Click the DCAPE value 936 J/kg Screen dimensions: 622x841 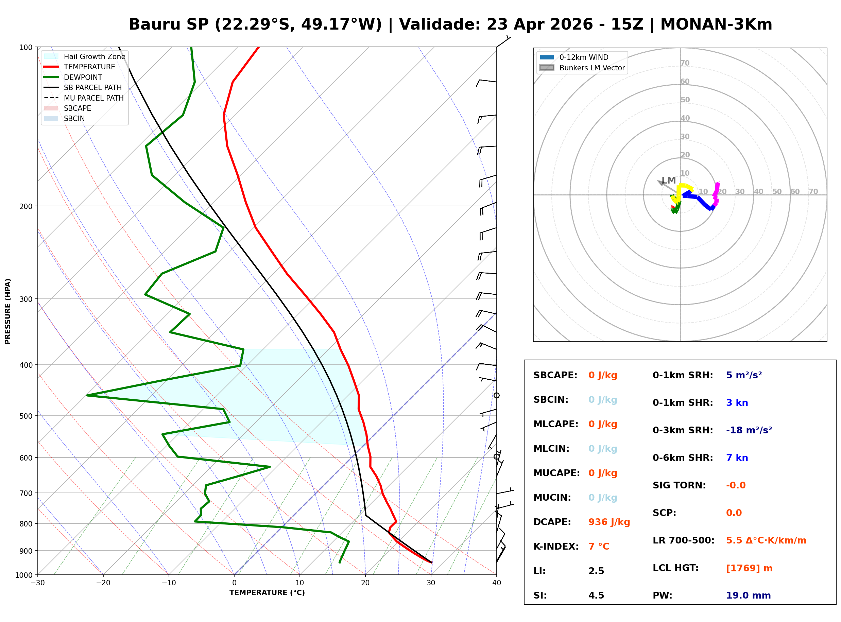[x=609, y=522]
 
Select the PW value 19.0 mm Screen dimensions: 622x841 [x=748, y=595]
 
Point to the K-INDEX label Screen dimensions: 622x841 [x=556, y=546]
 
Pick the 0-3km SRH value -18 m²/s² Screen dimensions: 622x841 [x=749, y=430]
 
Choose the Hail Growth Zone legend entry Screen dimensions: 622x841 [x=94, y=56]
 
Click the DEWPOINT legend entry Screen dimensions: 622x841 [x=83, y=77]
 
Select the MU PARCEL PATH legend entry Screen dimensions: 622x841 [x=93, y=98]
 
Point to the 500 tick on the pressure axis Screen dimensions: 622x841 [x=25, y=416]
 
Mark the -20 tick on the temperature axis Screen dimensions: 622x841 [x=103, y=583]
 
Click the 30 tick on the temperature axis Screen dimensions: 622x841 [x=431, y=583]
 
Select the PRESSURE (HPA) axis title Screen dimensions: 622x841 [x=8, y=311]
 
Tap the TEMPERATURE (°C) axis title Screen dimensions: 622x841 [x=267, y=593]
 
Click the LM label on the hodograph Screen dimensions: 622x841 [x=669, y=180]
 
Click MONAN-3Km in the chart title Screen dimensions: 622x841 [x=716, y=24]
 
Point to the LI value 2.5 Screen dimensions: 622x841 [x=596, y=571]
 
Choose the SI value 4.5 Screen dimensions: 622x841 [x=596, y=595]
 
